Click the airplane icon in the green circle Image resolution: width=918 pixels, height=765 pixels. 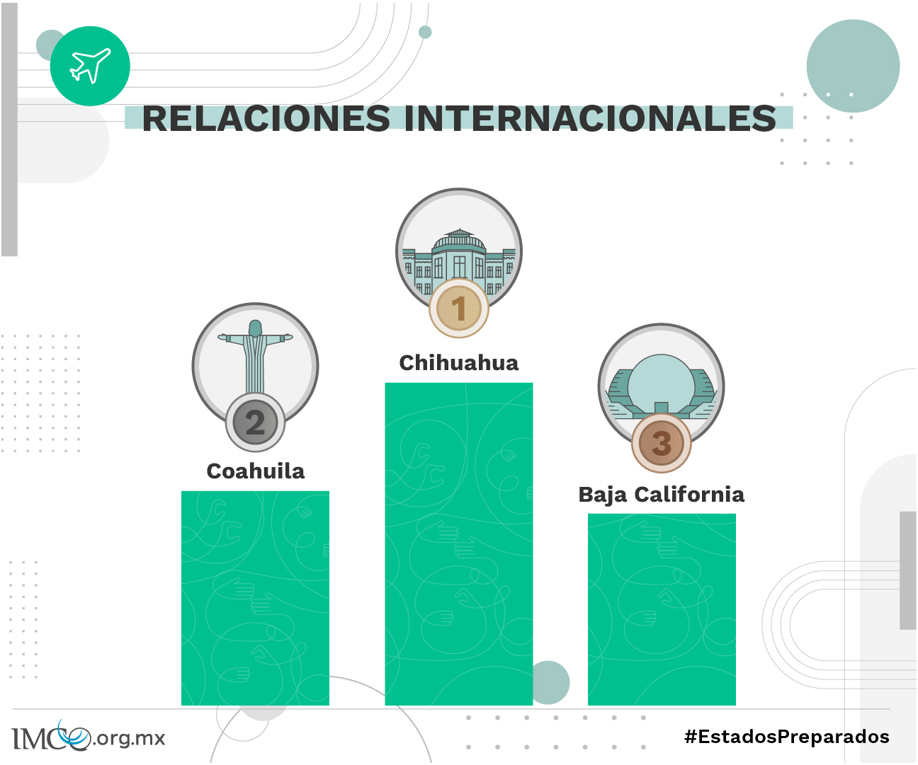coord(90,66)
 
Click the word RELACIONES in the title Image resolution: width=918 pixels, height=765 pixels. coord(266,118)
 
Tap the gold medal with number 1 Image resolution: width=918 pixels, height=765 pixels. coord(459,309)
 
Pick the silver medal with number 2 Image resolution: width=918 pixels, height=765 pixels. coord(256,422)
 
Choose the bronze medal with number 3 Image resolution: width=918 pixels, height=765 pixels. coord(662,444)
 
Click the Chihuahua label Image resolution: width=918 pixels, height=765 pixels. coord(459,363)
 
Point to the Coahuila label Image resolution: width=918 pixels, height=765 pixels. coord(256,471)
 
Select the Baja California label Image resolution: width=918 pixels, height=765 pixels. coord(662,495)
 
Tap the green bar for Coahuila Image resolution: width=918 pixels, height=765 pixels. coord(256,598)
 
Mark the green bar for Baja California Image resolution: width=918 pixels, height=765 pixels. coord(662,609)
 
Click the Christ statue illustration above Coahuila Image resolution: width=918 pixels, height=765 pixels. coord(255,357)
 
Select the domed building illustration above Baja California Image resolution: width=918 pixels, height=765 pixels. coord(662,386)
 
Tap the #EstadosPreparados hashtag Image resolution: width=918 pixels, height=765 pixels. coord(787,737)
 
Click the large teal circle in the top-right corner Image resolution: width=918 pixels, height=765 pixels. coord(853,66)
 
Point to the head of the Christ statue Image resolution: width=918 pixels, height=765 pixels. coord(255,328)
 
